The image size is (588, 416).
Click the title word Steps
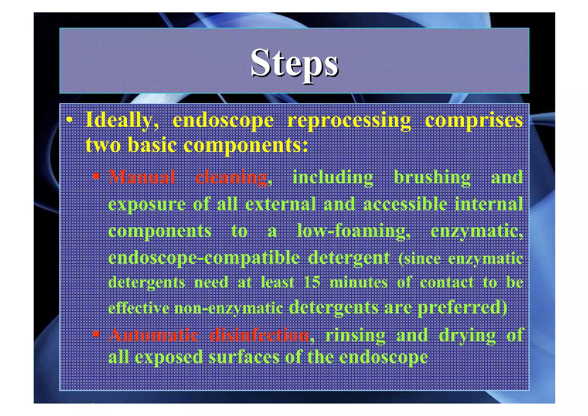coord(294,63)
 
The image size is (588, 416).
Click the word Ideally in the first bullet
coord(122,121)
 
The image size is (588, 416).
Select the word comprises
coord(474,121)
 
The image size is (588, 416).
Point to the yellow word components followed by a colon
coord(245,145)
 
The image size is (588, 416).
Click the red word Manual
coord(142,177)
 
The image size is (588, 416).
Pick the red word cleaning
coord(231,177)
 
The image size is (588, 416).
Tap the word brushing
coord(432,177)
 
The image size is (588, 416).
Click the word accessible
coord(405,204)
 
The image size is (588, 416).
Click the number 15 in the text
coord(312,282)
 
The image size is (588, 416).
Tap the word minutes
coord(359,282)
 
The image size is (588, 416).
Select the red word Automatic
coord(154,335)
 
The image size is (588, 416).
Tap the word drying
coord(467,335)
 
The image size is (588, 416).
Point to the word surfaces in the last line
coord(244,357)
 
